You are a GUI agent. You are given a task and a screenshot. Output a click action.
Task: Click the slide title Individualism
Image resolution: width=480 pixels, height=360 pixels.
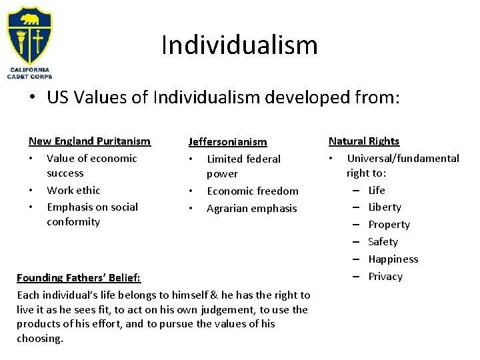(239, 45)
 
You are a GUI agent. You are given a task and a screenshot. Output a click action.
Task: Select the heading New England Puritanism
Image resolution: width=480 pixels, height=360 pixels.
(89, 141)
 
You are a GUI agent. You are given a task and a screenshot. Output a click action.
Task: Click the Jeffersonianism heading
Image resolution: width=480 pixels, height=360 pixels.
(227, 142)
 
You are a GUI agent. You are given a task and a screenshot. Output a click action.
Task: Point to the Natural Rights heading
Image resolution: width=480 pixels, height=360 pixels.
(364, 141)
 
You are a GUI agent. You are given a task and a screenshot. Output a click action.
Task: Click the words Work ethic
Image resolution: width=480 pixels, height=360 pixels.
(73, 190)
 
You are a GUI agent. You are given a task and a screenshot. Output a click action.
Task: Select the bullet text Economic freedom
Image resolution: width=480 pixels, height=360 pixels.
(253, 191)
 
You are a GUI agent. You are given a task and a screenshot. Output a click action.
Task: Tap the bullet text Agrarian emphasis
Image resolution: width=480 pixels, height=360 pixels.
(251, 208)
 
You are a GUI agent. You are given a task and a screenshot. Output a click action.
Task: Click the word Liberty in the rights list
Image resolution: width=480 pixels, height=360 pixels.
(385, 207)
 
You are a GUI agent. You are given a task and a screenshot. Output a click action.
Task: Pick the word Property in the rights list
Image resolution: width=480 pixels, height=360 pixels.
(389, 225)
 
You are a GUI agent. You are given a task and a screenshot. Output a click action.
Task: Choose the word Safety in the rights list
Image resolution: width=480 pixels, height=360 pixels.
(383, 242)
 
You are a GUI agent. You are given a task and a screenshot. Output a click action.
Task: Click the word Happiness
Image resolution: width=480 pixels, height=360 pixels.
(393, 259)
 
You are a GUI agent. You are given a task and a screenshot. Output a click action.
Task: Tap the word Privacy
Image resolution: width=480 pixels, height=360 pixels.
(385, 277)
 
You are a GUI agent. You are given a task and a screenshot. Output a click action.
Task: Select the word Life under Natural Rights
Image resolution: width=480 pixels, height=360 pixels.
(377, 190)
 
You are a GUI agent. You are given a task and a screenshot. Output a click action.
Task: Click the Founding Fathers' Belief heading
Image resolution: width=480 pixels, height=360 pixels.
(79, 277)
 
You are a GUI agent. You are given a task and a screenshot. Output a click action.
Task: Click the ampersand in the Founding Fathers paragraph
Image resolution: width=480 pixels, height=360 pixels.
(191, 295)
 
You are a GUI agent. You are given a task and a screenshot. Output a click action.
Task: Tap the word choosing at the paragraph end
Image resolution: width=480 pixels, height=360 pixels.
(39, 339)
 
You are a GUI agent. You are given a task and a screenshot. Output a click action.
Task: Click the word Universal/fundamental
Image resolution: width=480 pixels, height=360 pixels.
(403, 159)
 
